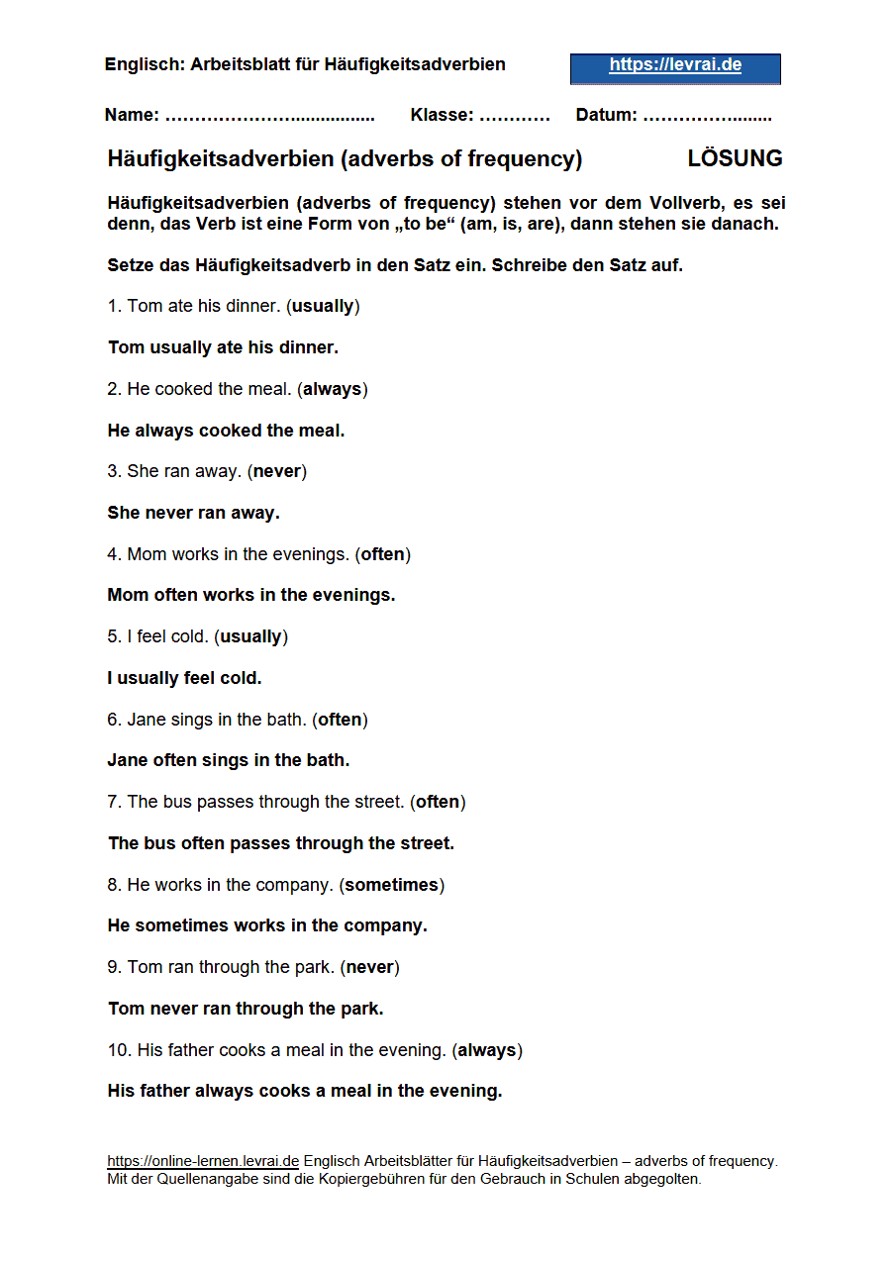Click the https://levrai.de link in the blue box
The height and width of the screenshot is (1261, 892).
pyautogui.click(x=675, y=65)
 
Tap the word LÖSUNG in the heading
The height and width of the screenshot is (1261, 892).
pyautogui.click(x=735, y=158)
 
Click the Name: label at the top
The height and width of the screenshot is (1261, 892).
pyautogui.click(x=132, y=115)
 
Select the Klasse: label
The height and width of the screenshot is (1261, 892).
pyautogui.click(x=442, y=115)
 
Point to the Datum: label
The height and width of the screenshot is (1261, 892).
pyautogui.click(x=606, y=115)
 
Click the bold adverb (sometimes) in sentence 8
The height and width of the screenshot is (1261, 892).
pyautogui.click(x=391, y=885)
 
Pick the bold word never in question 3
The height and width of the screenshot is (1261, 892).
pyautogui.click(x=277, y=471)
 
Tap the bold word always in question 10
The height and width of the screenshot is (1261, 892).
pyautogui.click(x=487, y=1050)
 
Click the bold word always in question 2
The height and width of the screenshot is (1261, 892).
pyautogui.click(x=332, y=389)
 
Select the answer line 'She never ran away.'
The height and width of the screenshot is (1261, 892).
pyautogui.click(x=193, y=513)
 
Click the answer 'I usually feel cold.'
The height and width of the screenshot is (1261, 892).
pyautogui.click(x=184, y=678)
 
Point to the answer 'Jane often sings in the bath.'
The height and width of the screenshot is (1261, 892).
pyautogui.click(x=229, y=760)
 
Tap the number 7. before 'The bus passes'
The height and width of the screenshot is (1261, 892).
pyautogui.click(x=114, y=802)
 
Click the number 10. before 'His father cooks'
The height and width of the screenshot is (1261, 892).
pyautogui.click(x=119, y=1050)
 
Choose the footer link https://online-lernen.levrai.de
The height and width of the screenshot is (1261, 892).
pyautogui.click(x=203, y=1161)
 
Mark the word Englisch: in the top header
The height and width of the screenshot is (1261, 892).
pyautogui.click(x=144, y=64)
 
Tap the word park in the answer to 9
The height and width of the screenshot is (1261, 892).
pyautogui.click(x=360, y=1009)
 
